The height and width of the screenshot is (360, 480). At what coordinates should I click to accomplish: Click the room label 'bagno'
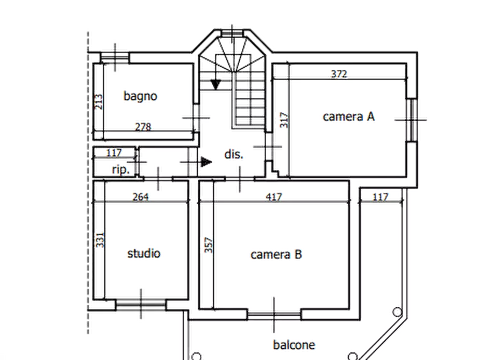(140, 96)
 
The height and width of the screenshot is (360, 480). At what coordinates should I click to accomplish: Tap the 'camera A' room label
(349, 117)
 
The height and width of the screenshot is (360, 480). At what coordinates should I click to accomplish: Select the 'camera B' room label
(276, 255)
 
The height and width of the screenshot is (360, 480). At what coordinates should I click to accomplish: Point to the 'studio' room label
(144, 254)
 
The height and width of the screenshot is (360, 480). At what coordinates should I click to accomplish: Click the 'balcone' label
(294, 345)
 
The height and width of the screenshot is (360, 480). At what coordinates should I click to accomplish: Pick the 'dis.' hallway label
(234, 154)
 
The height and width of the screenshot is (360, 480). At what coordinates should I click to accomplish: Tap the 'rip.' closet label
(120, 170)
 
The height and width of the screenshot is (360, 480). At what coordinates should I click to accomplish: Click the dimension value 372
(339, 74)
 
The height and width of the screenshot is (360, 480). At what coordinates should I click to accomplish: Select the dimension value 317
(284, 120)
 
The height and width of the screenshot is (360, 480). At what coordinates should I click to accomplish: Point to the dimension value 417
(274, 197)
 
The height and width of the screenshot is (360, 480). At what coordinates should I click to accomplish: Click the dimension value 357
(208, 245)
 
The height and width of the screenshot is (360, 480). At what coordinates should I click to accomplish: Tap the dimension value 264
(140, 197)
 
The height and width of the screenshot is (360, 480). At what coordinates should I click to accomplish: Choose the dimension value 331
(100, 240)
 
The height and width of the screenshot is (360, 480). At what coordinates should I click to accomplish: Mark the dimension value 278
(143, 127)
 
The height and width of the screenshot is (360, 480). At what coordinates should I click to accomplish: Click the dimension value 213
(98, 102)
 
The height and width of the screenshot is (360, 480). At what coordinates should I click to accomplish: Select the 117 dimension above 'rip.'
(114, 153)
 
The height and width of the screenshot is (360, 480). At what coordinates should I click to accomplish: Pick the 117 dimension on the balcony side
(380, 197)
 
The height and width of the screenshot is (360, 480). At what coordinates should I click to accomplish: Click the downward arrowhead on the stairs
(216, 85)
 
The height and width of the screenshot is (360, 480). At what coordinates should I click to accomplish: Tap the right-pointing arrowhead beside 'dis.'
(206, 162)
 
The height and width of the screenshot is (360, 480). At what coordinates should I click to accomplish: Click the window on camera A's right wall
(412, 120)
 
